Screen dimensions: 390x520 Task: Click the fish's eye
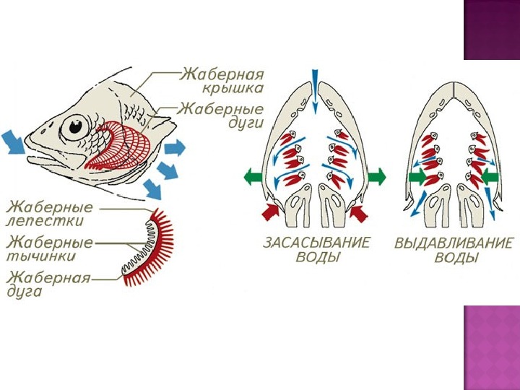coord(74,127)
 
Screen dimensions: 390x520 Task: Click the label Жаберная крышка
coord(222,81)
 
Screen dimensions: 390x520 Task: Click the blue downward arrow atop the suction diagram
coord(315,90)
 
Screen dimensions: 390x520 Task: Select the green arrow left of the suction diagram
coord(253,176)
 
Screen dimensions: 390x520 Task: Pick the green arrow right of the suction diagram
coord(377,176)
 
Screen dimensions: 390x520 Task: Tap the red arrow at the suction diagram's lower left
coord(269,211)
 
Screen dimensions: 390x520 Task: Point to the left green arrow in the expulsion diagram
coord(417,176)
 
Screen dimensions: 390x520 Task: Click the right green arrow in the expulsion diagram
coord(489,176)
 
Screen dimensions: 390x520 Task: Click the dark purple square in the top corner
coord(492,30)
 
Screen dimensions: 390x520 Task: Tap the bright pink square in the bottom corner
coord(492,347)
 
